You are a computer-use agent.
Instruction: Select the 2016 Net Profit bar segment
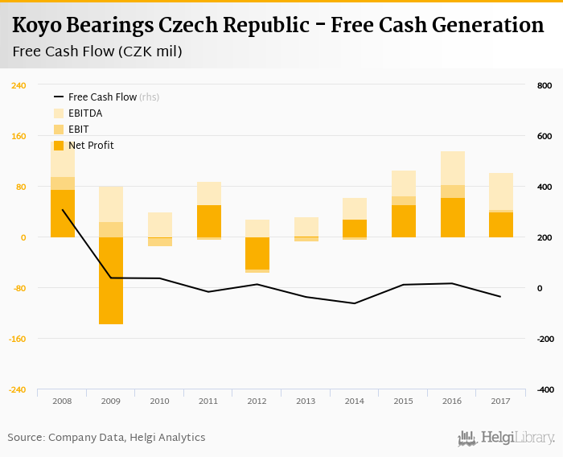pos(453,217)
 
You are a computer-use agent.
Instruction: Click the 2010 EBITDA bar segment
pos(160,224)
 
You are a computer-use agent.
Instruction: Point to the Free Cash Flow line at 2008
pos(63,210)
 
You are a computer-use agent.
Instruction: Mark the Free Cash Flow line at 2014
pos(355,303)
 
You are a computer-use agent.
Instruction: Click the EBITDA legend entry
pos(84,113)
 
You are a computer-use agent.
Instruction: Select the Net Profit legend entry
pos(90,146)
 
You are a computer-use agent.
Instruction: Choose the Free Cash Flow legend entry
pos(102,97)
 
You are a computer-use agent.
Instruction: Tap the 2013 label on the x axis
pos(306,401)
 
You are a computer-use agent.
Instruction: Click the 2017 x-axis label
pos(501,401)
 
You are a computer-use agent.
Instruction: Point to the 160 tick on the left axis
pos(18,136)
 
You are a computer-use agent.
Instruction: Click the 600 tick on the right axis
pos(544,136)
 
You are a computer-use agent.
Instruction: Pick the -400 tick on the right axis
pos(544,389)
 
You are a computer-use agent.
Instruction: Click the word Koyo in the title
pos(37,25)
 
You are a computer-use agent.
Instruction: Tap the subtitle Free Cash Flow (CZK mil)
pos(97,52)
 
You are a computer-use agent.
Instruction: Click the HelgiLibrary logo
pos(506,438)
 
